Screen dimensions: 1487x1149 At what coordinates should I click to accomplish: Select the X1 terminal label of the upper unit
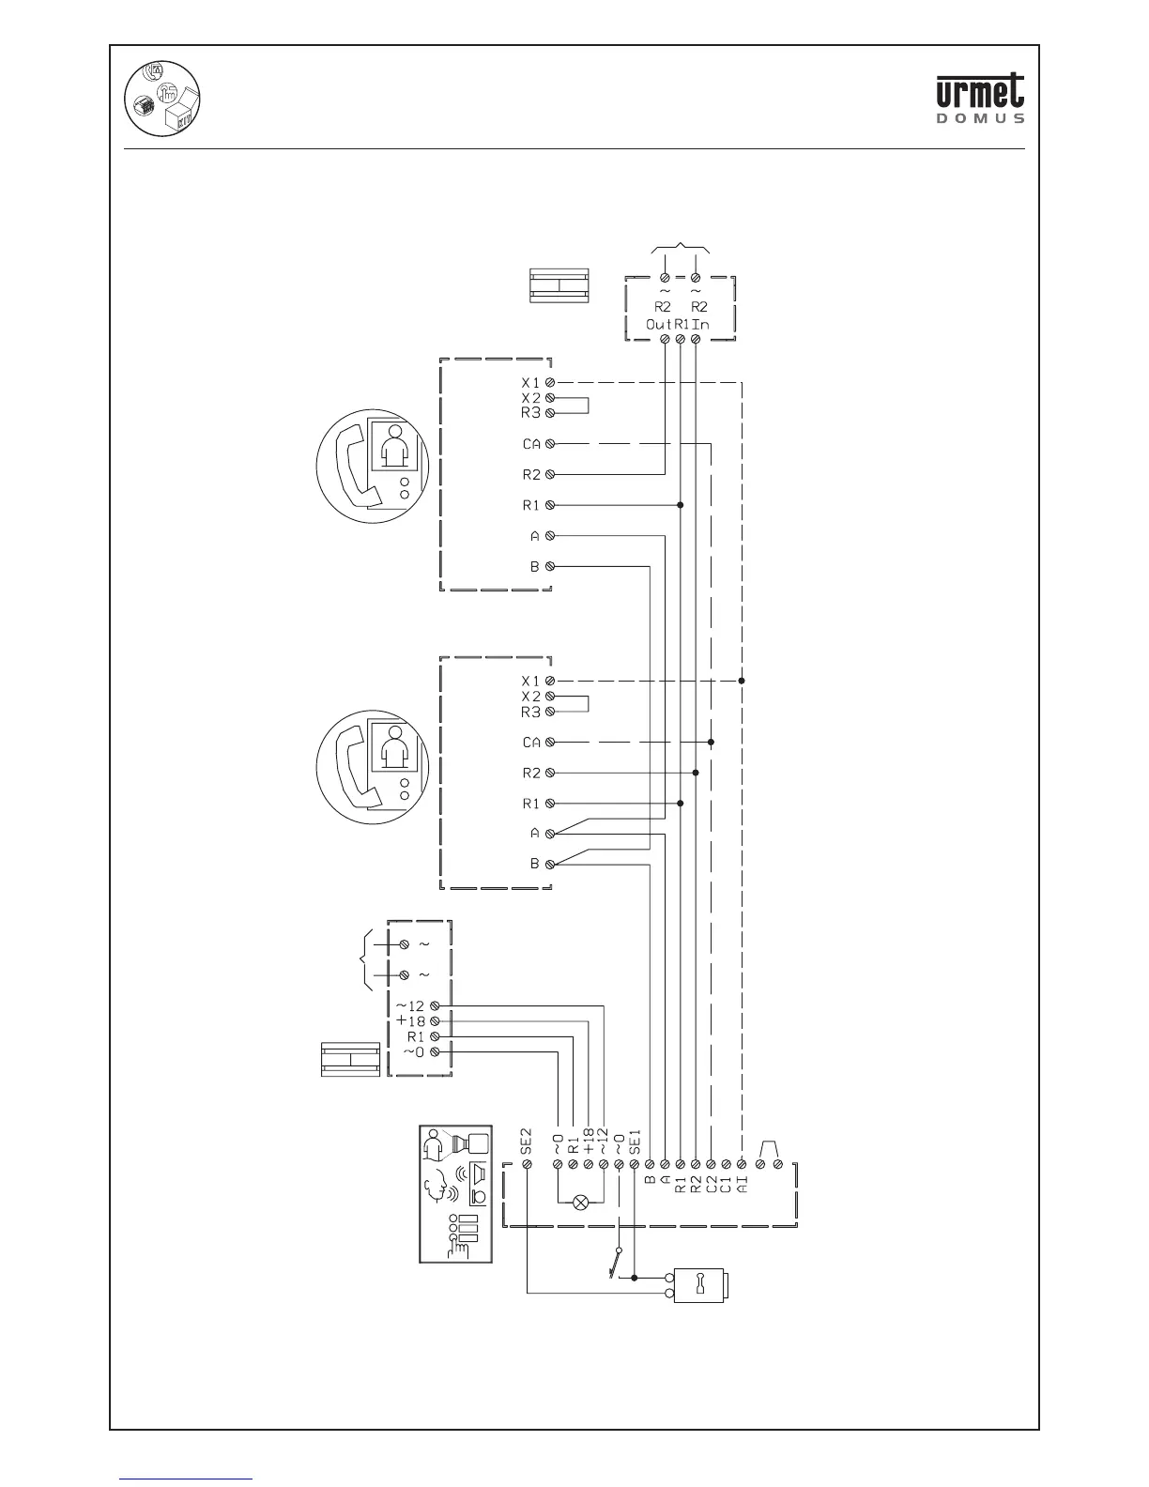(x=531, y=383)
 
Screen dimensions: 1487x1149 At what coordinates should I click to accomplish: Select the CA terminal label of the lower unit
(x=531, y=743)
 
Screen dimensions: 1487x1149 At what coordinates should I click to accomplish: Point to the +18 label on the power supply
(x=411, y=1021)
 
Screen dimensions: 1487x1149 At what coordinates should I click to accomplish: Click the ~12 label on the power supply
(x=410, y=1006)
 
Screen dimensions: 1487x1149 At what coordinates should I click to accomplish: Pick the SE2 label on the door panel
(x=527, y=1140)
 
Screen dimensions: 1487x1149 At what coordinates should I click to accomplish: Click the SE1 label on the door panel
(x=635, y=1141)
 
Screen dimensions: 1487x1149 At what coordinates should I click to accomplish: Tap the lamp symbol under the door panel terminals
(x=580, y=1201)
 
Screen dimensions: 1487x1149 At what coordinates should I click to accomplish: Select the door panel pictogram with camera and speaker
(x=455, y=1194)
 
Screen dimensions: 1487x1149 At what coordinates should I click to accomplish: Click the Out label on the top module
(x=658, y=324)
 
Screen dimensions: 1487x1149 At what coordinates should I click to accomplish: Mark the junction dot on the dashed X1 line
(x=742, y=681)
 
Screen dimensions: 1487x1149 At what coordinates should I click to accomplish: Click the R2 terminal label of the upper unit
(x=531, y=475)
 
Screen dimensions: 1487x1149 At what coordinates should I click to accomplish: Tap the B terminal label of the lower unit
(x=535, y=864)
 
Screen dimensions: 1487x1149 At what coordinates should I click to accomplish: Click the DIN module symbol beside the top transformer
(x=559, y=285)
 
